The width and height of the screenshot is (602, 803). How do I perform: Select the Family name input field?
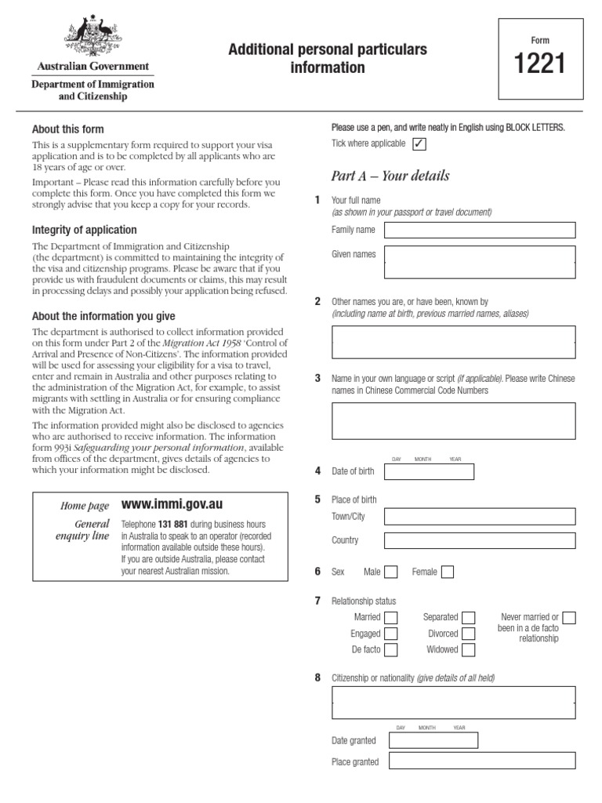pos(480,230)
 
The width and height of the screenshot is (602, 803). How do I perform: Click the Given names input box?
pos(480,262)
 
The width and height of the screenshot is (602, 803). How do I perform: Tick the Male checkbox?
pos(390,572)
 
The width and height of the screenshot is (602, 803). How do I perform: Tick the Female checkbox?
pos(447,572)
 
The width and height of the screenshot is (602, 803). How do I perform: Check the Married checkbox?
pos(390,618)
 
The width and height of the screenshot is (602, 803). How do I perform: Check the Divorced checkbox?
pos(469,634)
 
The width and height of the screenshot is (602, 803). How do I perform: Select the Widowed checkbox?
pos(469,650)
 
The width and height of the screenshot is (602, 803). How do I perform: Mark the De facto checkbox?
pos(390,650)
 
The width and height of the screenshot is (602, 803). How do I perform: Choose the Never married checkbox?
pos(569,618)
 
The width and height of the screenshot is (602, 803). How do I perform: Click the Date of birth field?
pos(429,471)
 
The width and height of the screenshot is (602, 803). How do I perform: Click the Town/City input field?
pos(480,516)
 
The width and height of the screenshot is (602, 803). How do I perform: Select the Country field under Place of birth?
pos(480,540)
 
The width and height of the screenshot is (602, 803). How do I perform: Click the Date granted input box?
pos(433,740)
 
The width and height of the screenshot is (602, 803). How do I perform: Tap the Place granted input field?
pos(481,761)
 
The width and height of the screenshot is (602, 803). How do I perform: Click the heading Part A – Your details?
pos(390,176)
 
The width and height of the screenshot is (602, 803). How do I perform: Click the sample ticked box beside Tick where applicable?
pos(419,144)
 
